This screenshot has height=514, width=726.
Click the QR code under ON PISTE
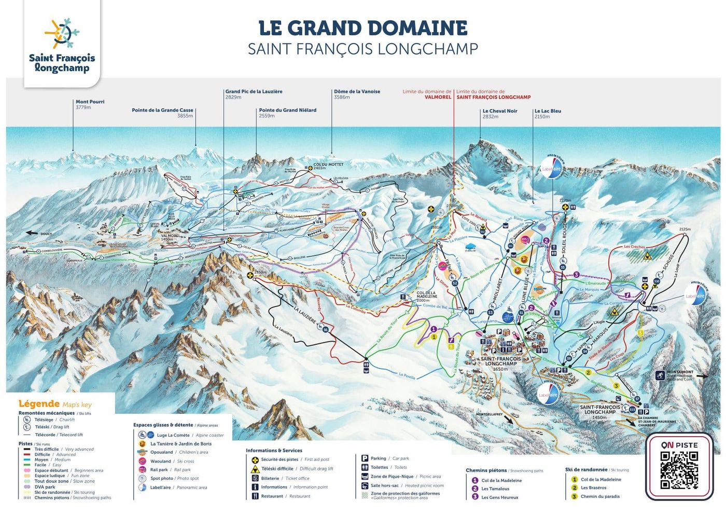[679, 470]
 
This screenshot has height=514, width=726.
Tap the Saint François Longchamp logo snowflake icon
[62, 33]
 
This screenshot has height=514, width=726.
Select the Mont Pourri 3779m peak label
[90, 104]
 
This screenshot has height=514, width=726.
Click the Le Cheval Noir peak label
[499, 114]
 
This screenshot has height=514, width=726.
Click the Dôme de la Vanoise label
[357, 94]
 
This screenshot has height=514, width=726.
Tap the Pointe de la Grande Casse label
[162, 113]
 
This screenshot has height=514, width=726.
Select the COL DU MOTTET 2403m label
[328, 166]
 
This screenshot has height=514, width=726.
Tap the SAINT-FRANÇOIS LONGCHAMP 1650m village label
[500, 361]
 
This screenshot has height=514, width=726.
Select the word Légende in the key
[39, 403]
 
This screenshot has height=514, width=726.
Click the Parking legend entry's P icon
[365, 458]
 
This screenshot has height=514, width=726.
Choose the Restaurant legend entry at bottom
[283, 496]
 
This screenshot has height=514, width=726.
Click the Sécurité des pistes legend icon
[255, 459]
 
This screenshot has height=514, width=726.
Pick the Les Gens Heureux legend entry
[499, 497]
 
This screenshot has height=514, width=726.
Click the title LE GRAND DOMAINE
[362, 28]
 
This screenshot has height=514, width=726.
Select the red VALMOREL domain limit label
[438, 97]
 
